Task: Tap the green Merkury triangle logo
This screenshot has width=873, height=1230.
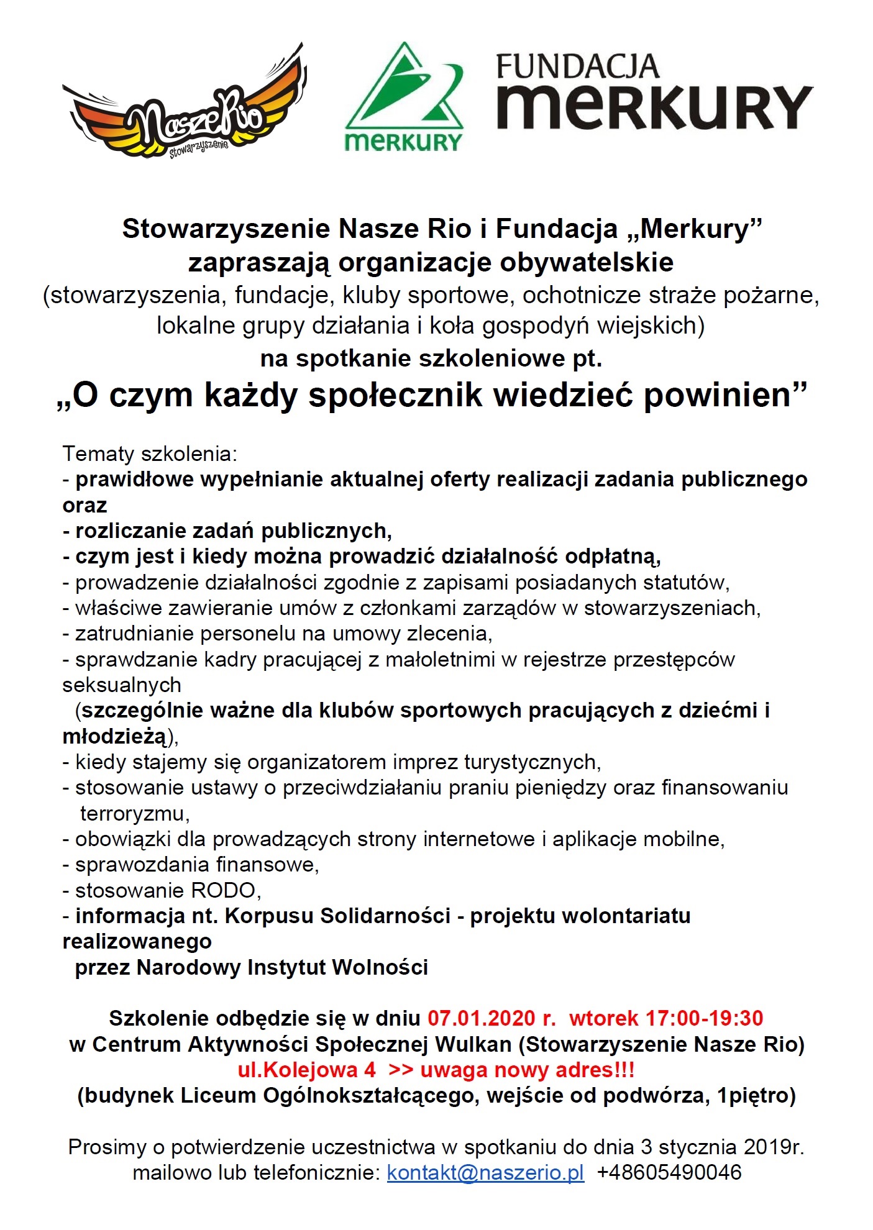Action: [x=405, y=99]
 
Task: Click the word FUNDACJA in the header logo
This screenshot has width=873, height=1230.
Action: [x=577, y=66]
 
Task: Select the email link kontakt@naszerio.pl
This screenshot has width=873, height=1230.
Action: [x=485, y=1172]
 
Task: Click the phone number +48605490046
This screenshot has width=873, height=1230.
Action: [x=669, y=1172]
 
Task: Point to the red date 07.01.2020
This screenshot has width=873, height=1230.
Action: [x=482, y=1018]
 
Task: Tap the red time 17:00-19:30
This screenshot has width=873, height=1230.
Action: [x=705, y=1018]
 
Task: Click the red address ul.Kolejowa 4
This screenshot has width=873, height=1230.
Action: [x=307, y=1070]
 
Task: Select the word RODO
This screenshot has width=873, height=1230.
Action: [x=224, y=890]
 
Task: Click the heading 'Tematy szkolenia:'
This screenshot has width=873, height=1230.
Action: [x=150, y=454]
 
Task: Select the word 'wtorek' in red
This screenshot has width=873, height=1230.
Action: [x=603, y=1018]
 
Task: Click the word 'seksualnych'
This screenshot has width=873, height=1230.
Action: [x=122, y=685]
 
